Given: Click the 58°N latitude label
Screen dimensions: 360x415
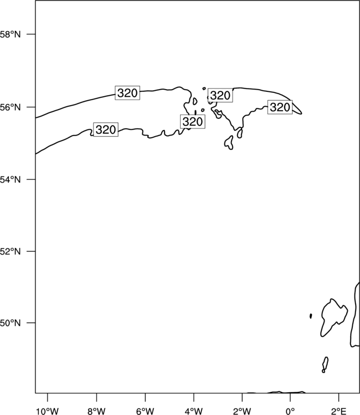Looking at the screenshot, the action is pyautogui.click(x=10, y=34).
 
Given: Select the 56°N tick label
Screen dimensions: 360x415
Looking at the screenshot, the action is pyautogui.click(x=10, y=107).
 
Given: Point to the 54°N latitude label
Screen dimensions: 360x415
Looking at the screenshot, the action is pyautogui.click(x=10, y=180).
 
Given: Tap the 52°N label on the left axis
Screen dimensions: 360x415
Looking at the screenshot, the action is pyautogui.click(x=10, y=251).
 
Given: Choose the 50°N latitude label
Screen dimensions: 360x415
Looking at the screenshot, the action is pyautogui.click(x=10, y=323).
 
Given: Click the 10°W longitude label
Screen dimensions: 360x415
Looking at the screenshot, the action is pyautogui.click(x=48, y=411).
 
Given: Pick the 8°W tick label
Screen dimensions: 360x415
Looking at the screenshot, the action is pyautogui.click(x=96, y=411).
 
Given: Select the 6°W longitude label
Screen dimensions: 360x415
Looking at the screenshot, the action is pyautogui.click(x=145, y=411).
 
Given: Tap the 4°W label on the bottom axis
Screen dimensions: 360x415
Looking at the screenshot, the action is pyautogui.click(x=194, y=411).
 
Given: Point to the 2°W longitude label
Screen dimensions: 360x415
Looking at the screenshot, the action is pyautogui.click(x=242, y=411).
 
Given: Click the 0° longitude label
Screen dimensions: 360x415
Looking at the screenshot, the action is pyautogui.click(x=290, y=411).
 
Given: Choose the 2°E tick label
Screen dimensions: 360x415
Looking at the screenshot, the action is pyautogui.click(x=339, y=411).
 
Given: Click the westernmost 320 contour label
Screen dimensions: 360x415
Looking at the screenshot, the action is pyautogui.click(x=106, y=129).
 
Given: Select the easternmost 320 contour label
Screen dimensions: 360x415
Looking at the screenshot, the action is pyautogui.click(x=280, y=107).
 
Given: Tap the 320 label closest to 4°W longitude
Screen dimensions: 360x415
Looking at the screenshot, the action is pyautogui.click(x=193, y=122).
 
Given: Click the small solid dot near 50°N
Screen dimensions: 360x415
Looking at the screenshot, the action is pyautogui.click(x=311, y=316).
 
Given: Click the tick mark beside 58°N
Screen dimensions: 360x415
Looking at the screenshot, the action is pyautogui.click(x=31, y=34).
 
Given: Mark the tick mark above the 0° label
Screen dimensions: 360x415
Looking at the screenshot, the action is pyautogui.click(x=290, y=397).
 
